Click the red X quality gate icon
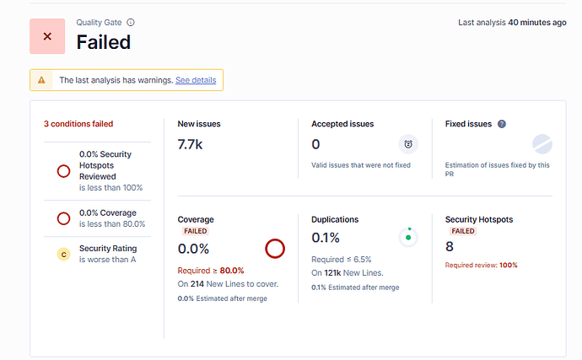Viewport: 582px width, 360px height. (47, 36)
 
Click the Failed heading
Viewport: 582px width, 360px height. (103, 41)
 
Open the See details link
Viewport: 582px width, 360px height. (196, 80)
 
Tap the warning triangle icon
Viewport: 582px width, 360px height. (42, 80)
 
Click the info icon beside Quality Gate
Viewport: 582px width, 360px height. (131, 23)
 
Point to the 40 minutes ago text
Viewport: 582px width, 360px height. (536, 23)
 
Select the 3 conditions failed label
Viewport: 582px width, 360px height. (78, 123)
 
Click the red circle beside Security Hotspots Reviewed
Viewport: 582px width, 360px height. (62, 171)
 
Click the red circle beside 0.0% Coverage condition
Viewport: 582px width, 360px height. (62, 218)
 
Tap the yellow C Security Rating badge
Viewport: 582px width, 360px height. (62, 255)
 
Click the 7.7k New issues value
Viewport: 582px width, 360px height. (190, 145)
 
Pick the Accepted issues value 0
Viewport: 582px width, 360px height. (315, 145)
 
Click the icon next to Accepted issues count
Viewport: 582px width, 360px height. (407, 144)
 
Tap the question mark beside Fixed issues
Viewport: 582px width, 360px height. (502, 124)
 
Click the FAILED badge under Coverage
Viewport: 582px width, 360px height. (195, 231)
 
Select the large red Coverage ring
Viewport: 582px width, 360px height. (274, 249)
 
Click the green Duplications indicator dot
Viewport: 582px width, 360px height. (408, 237)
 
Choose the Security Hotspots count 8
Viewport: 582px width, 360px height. (450, 246)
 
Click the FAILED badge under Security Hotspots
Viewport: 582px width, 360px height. (463, 231)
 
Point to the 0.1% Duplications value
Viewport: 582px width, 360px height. (326, 238)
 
